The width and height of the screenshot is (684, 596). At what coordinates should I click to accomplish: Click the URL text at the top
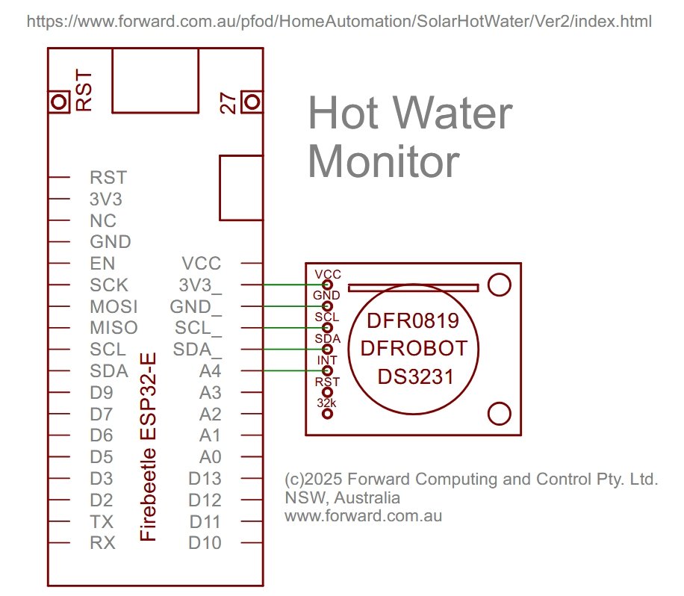pos(339,22)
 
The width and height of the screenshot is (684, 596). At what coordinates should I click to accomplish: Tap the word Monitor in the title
pos(384,161)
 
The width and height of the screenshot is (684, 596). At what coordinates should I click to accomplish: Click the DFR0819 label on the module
pos(413,320)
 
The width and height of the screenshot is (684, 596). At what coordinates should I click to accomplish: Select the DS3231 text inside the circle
pos(415,377)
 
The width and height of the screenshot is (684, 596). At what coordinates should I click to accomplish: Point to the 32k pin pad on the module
pos(327,413)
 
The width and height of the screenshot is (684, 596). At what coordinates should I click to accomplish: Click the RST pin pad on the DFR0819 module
pos(327,392)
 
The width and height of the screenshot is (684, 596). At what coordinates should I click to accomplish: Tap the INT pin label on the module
pos(327,361)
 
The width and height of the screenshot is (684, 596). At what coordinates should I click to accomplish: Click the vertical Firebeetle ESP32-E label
pos(148,447)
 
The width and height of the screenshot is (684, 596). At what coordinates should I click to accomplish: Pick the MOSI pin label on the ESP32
pos(114,307)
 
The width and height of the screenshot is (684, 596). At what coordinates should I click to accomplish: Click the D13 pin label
pos(205,479)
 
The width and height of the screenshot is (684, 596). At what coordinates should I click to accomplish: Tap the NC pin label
pos(103,221)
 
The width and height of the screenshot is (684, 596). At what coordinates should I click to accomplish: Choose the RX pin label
pos(102,543)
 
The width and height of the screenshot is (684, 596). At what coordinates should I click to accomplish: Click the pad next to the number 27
pos(252,102)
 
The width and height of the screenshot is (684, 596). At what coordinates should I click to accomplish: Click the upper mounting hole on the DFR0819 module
pos(499,285)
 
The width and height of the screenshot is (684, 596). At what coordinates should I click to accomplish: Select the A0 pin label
pos(211,457)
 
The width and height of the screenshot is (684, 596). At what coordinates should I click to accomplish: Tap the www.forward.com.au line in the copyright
pos(364,516)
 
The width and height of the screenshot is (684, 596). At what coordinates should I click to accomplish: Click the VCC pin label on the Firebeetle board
pos(202,264)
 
